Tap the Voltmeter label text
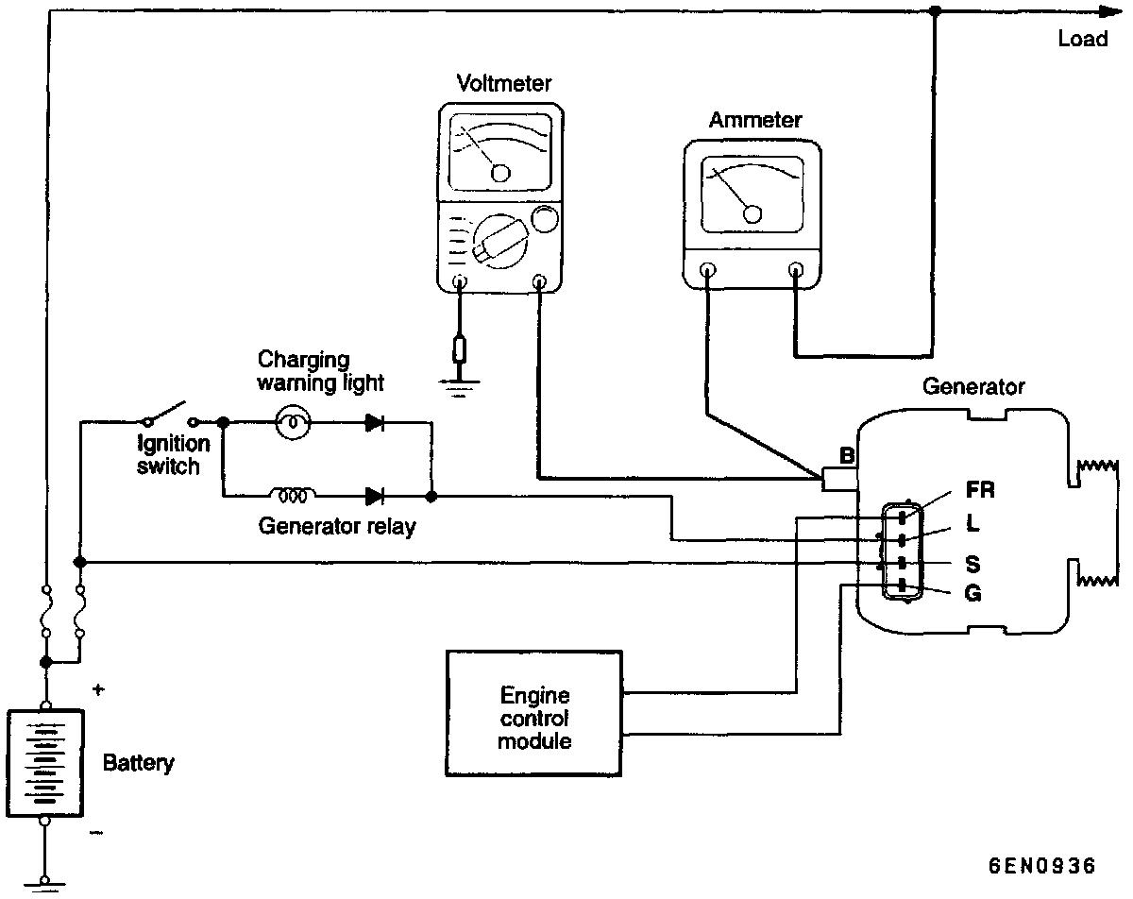[503, 83]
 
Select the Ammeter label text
[754, 120]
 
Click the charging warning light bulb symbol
[291, 423]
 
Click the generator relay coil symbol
[294, 494]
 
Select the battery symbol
[45, 761]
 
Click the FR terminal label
[980, 490]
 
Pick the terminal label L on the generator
[972, 521]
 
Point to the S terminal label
[972, 565]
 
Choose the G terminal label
[973, 594]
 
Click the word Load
[1082, 40]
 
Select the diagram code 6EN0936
[1041, 867]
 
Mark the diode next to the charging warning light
[375, 423]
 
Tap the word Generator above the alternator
[972, 387]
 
